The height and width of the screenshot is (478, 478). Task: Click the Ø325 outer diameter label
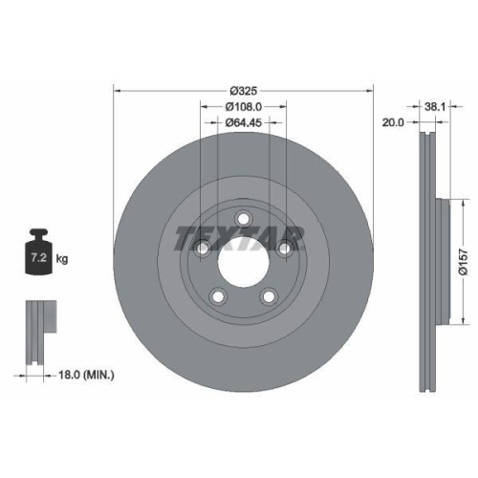[x=244, y=90]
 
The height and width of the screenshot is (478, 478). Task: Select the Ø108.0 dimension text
[x=244, y=106]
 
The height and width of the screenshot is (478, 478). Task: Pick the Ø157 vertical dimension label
[x=461, y=257]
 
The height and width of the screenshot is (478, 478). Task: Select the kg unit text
[x=63, y=259]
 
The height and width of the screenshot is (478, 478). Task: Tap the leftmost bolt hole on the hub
[x=203, y=250]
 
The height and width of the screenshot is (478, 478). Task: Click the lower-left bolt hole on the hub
[x=218, y=296]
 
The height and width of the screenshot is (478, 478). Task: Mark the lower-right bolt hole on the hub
[x=269, y=295]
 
